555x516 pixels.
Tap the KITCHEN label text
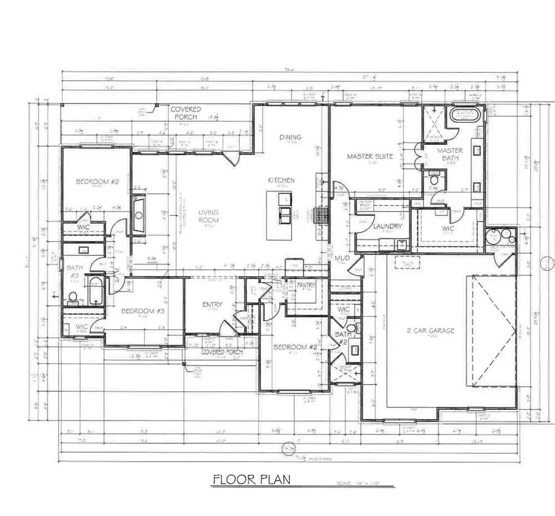pos(281,181)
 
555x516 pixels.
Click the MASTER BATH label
pos(450,154)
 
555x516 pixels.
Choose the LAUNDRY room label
pos(387,226)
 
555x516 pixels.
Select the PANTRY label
pos(306,285)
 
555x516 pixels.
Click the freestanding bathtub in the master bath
pos(464,115)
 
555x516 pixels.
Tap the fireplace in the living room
pos(138,216)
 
